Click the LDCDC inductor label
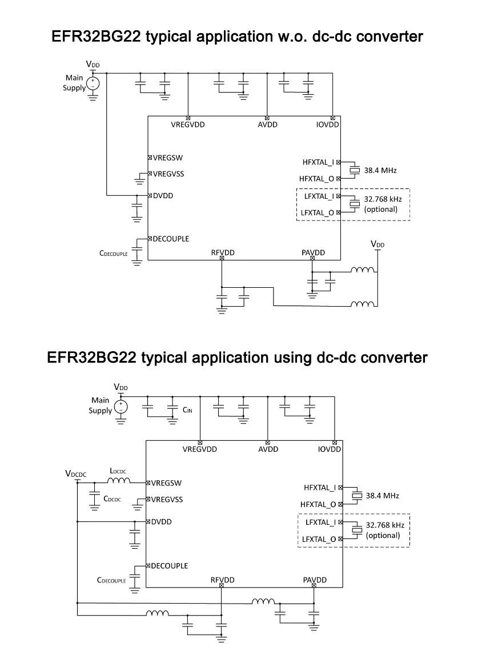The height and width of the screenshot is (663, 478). (118, 471)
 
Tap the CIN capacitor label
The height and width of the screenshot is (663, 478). (188, 410)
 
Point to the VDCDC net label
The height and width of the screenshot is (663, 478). (76, 473)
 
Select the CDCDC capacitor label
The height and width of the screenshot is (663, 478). (112, 499)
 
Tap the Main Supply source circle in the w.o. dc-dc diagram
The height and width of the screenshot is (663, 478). (93, 83)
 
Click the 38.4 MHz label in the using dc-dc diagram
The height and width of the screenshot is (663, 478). (383, 496)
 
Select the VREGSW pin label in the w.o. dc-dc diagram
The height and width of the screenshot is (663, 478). (168, 158)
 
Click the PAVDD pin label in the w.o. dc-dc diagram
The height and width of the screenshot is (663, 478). (313, 252)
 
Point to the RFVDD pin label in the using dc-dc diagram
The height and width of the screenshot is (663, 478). (223, 580)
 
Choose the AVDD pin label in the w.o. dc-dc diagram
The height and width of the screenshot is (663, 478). (267, 124)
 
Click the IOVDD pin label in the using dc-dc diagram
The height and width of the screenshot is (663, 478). (330, 449)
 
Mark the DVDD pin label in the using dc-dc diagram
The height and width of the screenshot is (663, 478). (162, 521)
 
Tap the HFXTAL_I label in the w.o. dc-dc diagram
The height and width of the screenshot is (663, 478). (318, 162)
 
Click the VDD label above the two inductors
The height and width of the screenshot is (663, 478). (377, 244)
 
